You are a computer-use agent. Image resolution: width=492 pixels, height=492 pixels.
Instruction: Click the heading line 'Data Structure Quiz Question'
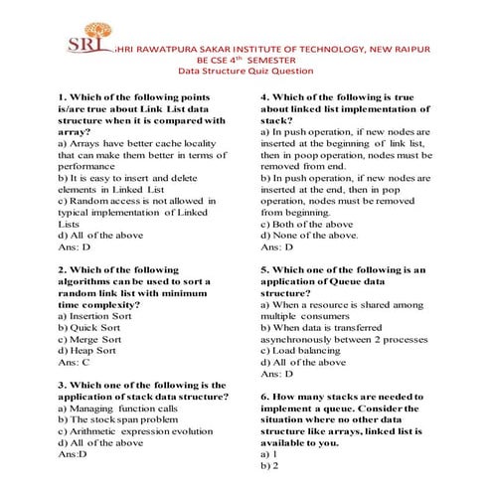click(245, 72)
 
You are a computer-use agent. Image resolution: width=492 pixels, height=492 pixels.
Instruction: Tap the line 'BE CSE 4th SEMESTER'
click(246, 60)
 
